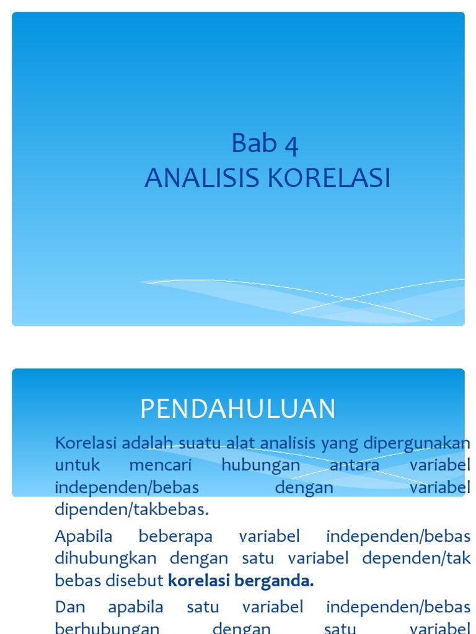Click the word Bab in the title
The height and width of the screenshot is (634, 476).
tap(247, 144)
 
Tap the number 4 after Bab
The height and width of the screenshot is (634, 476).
tap(291, 145)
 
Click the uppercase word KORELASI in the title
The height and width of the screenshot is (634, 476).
tap(328, 178)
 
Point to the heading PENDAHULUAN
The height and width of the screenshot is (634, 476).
tap(237, 409)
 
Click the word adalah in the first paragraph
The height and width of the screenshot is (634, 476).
tap(148, 443)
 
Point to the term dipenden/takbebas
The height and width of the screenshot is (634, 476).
tap(132, 510)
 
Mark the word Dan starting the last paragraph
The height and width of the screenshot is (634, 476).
tap(70, 606)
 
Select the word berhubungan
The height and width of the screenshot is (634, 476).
tap(107, 628)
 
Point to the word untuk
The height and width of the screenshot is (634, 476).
tap(77, 465)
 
